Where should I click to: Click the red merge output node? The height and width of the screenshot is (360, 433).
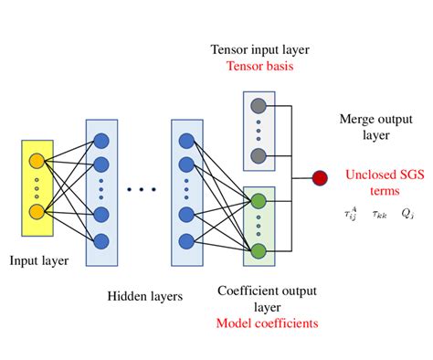320,177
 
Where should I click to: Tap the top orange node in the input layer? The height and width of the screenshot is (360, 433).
37,162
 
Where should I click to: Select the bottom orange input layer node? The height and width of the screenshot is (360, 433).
37,212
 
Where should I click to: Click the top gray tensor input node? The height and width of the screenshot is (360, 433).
259,104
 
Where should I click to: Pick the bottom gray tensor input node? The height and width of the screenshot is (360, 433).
259,154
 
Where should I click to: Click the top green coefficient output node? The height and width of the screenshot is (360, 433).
259,200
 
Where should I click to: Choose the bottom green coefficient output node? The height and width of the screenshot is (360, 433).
259,249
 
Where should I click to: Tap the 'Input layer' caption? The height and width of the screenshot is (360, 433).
39,261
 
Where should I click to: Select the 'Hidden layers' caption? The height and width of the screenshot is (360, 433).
144,295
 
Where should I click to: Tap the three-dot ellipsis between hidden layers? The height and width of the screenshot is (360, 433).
142,189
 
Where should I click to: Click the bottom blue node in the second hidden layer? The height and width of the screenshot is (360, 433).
186,241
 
